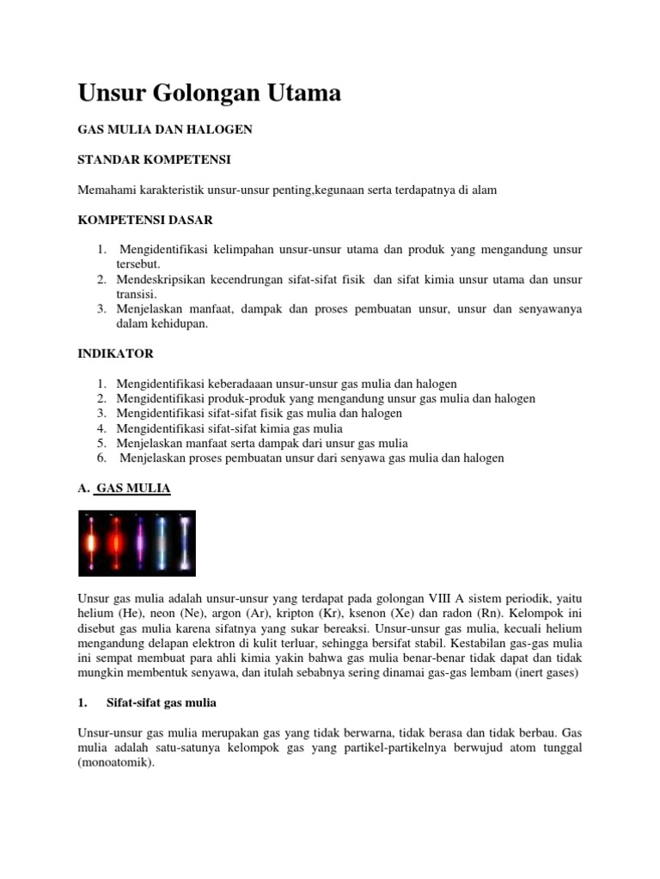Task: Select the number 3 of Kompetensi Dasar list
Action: click(101, 309)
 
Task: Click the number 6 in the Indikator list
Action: click(101, 458)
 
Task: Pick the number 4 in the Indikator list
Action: click(101, 428)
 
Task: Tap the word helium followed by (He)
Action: click(97, 611)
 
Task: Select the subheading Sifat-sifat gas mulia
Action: click(161, 702)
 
